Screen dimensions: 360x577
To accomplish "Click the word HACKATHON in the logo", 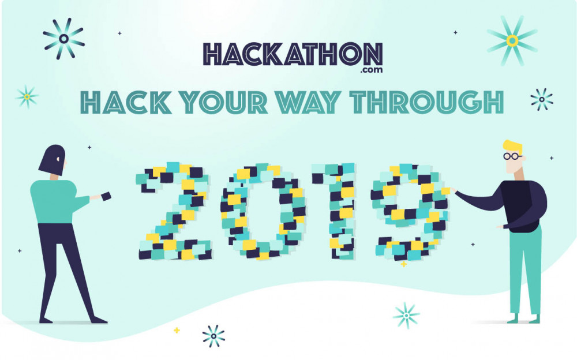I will pos(293,54).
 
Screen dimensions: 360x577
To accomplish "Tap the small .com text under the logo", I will pos(369,70).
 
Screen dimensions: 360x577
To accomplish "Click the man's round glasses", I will pos(512,156).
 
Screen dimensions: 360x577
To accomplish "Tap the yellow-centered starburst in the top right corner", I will pos(512,40).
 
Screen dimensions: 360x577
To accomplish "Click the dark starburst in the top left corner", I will pos(64,39).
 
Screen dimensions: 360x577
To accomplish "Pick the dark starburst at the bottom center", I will pos(213,336).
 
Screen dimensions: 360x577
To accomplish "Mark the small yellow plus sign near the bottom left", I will pos(177,331).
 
